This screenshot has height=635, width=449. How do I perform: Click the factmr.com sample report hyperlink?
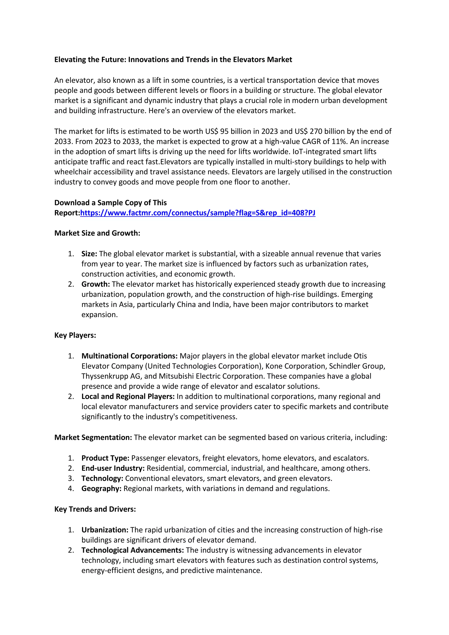point(198,213)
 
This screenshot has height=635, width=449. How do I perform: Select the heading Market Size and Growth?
point(97,233)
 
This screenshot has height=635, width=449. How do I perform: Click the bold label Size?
point(89,254)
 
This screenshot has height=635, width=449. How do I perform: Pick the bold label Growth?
point(96,284)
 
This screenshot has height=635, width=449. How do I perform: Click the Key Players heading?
point(75,335)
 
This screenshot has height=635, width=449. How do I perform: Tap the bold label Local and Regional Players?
point(128,397)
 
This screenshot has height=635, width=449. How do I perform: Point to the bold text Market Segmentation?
point(93,437)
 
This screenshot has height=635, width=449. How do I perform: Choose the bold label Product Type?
point(105,458)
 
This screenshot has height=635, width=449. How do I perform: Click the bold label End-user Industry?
point(113,469)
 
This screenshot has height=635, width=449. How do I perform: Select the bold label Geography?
point(101,489)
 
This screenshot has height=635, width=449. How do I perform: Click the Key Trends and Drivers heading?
point(95,509)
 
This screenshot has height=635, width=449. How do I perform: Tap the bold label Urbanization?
point(105,530)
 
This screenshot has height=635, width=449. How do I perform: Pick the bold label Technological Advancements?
point(132,550)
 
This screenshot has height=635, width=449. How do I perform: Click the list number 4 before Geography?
point(71,489)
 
